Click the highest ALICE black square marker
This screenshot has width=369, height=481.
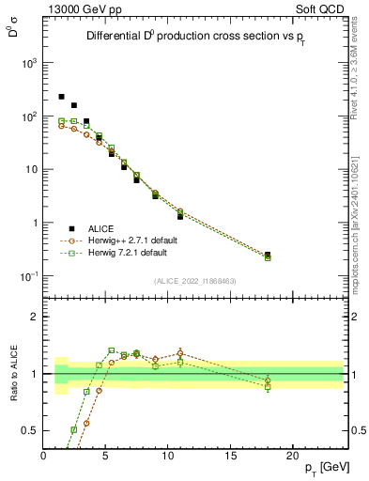pyautogui.click(x=62, y=97)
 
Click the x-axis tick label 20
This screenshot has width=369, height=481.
pyautogui.click(x=293, y=456)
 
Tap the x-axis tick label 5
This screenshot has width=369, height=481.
pyautogui.click(x=106, y=456)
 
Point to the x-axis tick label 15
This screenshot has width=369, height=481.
pyautogui.click(x=230, y=456)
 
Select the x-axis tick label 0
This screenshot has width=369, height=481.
pyautogui.click(x=44, y=456)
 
